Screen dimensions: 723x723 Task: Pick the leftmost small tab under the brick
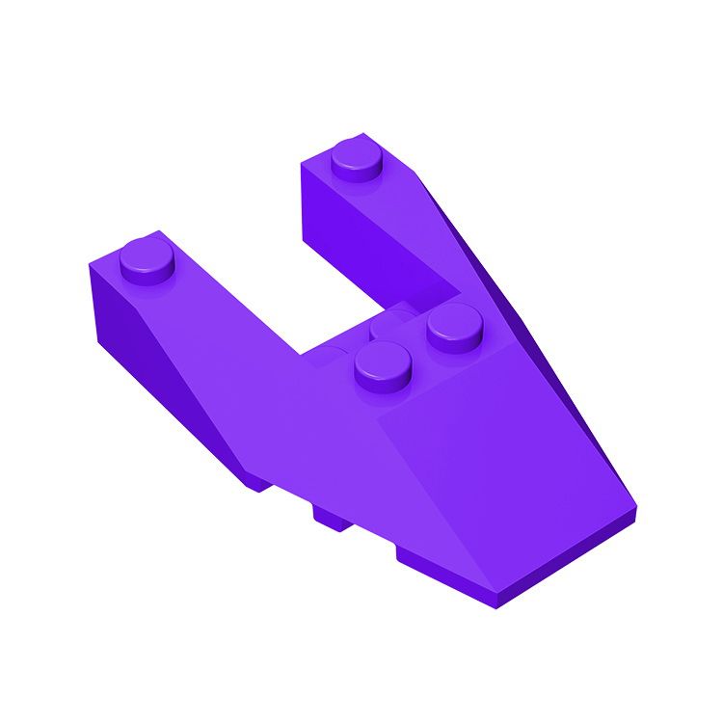click(253, 481)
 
